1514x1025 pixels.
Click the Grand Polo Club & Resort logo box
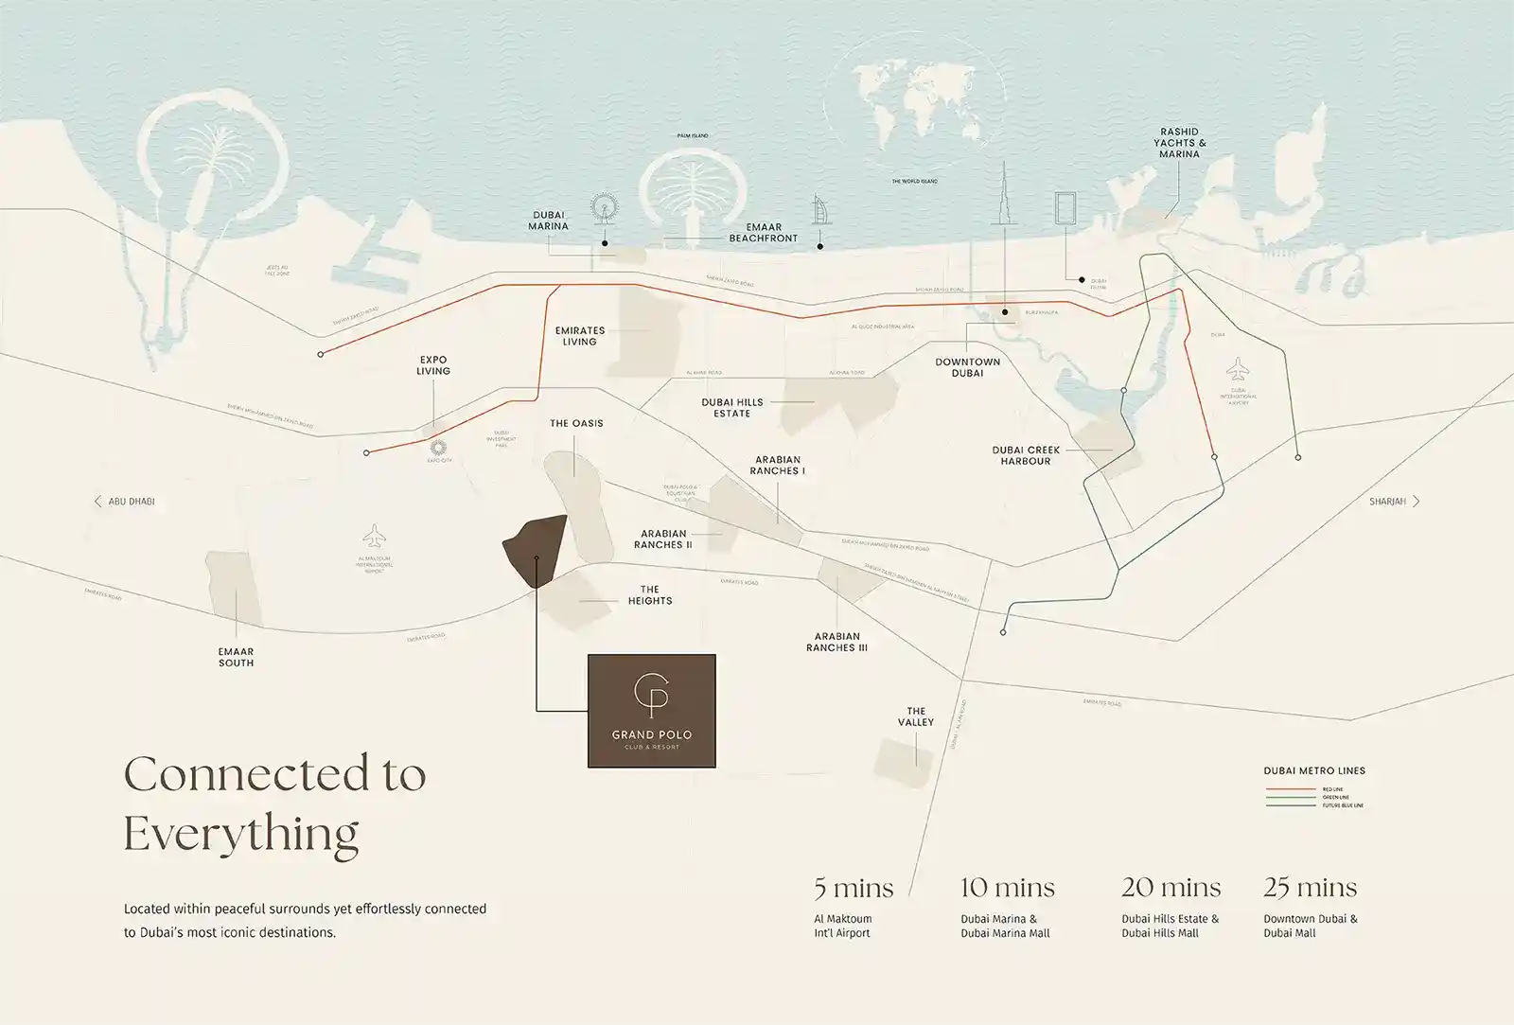[x=651, y=710]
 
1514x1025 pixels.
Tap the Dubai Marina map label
[x=549, y=221]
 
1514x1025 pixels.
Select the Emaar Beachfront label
[x=764, y=233]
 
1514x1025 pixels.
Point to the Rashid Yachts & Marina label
[x=1179, y=143]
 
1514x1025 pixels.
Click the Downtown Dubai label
[x=967, y=367]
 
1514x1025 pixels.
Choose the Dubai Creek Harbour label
[x=1026, y=455]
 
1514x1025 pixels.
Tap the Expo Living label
[x=433, y=365]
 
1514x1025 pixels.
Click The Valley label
[x=916, y=716]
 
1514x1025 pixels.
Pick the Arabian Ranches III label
[x=836, y=642]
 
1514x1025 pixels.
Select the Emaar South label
[x=236, y=657]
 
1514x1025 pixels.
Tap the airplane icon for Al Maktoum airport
[x=375, y=537]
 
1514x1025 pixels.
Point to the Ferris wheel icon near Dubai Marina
[x=602, y=209]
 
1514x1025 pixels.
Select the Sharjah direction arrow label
[x=1394, y=502]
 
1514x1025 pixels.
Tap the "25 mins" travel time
[x=1310, y=888]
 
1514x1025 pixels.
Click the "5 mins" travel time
[x=854, y=888]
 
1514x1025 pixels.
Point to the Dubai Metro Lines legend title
[x=1314, y=770]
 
